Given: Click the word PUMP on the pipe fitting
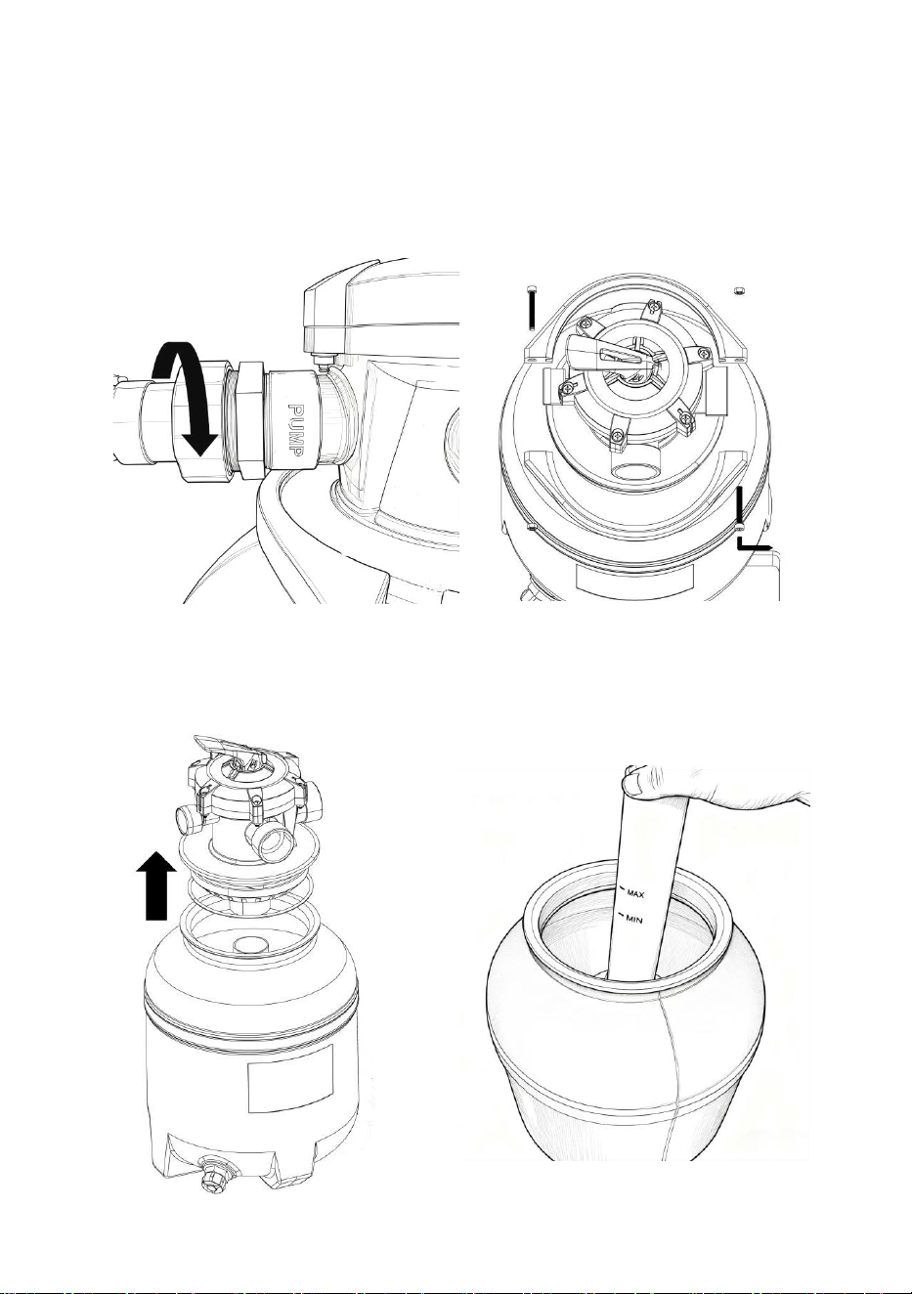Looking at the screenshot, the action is [x=296, y=429].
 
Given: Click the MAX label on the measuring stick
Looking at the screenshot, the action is [x=635, y=895].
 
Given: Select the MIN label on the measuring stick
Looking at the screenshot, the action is [x=633, y=921].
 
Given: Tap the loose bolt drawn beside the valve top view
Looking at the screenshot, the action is [x=530, y=307].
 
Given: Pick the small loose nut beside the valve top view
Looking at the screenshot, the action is [x=737, y=290].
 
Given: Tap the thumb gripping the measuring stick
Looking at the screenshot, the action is [x=636, y=784].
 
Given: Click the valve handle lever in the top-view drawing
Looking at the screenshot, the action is [x=607, y=353].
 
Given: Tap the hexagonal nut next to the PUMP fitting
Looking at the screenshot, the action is [x=251, y=420].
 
